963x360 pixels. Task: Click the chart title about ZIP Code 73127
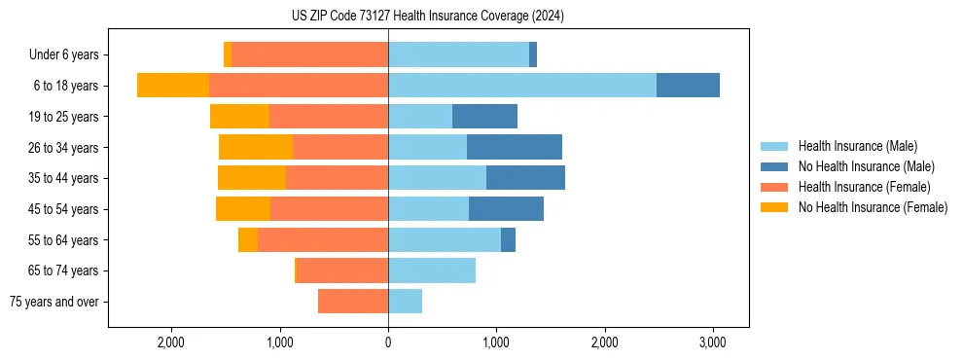point(427,16)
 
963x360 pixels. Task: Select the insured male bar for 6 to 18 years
point(522,86)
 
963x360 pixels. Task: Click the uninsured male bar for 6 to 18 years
point(688,86)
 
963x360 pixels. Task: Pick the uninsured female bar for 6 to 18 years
point(173,86)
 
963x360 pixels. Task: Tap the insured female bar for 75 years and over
point(353,302)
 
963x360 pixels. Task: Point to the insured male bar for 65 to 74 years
point(432,270)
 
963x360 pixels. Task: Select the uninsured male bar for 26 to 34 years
point(515,147)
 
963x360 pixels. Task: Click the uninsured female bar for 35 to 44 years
point(252,178)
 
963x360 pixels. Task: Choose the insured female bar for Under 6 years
point(310,54)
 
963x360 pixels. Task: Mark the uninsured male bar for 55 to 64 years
point(508,239)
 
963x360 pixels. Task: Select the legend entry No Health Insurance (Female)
point(873,207)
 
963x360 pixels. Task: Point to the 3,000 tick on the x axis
point(712,342)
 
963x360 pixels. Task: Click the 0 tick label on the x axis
point(388,342)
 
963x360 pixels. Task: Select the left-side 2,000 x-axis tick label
point(171,342)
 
